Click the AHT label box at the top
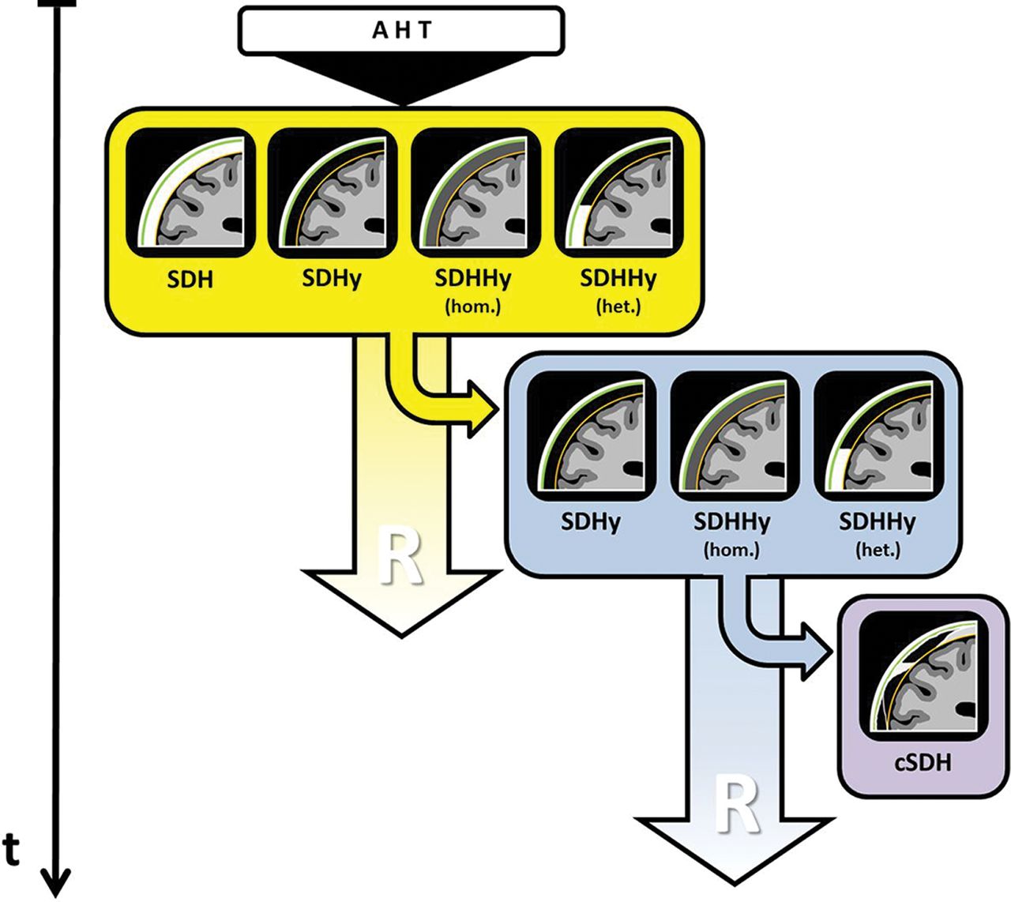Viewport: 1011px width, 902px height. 401,31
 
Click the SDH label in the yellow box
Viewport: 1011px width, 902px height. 190,280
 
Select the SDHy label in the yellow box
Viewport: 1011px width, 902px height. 332,279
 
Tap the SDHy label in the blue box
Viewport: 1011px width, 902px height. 590,521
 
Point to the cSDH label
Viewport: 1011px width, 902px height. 923,763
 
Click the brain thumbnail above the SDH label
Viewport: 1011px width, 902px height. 190,193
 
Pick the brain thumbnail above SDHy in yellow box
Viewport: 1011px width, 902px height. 333,193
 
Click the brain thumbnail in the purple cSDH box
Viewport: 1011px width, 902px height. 923,675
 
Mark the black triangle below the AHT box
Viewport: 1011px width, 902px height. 401,79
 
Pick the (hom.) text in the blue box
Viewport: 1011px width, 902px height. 732,549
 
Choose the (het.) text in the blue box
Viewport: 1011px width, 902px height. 877,549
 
